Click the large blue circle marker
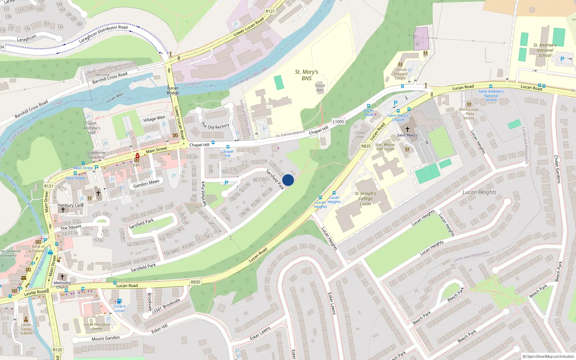[x=288, y=180]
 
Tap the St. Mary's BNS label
[x=306, y=75]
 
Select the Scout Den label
[x=320, y=88]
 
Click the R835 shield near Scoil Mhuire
[x=366, y=146]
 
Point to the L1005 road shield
[x=338, y=122]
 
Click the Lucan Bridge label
[x=173, y=90]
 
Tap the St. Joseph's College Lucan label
[x=365, y=198]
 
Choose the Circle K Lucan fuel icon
[x=119, y=301]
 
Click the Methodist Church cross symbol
[x=62, y=276]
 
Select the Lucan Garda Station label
[x=26, y=329]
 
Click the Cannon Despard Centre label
[x=400, y=74]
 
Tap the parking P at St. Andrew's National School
[x=562, y=59]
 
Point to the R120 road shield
[x=57, y=350]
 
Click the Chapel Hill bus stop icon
[x=228, y=147]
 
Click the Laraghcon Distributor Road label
[x=103, y=34]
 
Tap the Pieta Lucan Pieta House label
[x=469, y=114]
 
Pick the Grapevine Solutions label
[x=95, y=155]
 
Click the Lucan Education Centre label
[x=97, y=327]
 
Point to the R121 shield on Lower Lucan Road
[x=270, y=11]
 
